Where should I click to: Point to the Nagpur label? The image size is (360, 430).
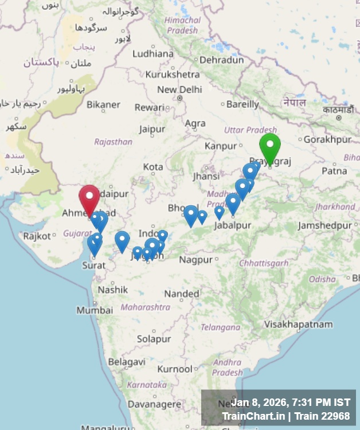[x=195, y=260]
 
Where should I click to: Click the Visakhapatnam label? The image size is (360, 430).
[x=298, y=324]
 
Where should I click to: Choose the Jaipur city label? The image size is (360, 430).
[x=152, y=129]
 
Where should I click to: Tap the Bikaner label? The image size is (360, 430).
[x=104, y=104]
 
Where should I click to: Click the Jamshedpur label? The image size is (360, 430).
[x=324, y=225]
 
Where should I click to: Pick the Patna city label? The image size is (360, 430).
[x=334, y=170]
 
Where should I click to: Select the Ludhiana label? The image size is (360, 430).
[x=152, y=54]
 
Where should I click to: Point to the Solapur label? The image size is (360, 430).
[x=154, y=339]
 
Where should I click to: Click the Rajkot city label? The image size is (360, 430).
[x=37, y=236]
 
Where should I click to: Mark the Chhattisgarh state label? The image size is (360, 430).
[x=264, y=263]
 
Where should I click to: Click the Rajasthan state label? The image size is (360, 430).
[x=113, y=142]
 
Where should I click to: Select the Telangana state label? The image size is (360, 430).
[x=221, y=327]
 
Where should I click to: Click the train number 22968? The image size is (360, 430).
[x=335, y=416]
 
